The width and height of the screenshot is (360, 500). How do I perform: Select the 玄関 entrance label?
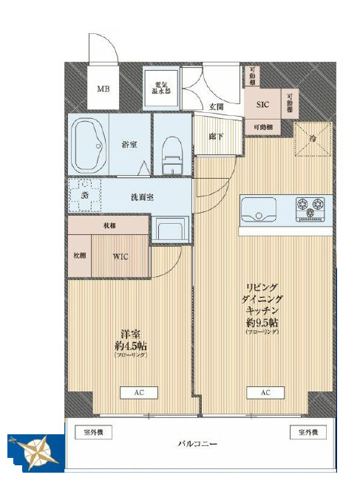(x=217, y=107)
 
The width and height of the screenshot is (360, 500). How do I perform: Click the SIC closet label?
(x=262, y=106)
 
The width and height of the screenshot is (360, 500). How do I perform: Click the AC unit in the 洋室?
(x=138, y=393)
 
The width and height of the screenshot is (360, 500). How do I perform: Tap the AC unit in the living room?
(x=264, y=393)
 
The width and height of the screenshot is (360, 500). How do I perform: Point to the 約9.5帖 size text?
(x=263, y=322)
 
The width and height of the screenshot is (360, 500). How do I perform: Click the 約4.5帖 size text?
(x=130, y=345)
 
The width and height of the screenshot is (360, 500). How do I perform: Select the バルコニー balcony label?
(x=196, y=445)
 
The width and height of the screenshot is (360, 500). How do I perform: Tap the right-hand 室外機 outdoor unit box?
(x=308, y=433)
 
